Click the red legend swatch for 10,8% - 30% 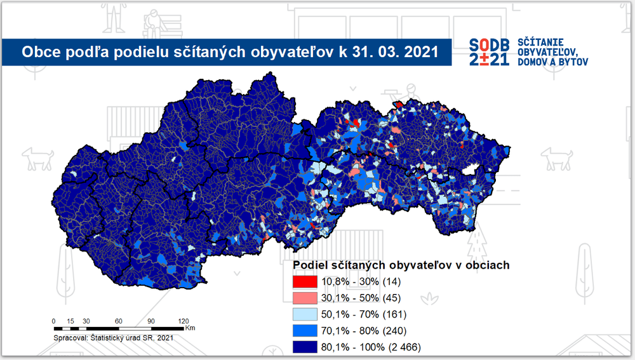[304, 281]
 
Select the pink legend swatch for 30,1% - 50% [304, 298]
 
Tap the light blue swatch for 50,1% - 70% [304, 314]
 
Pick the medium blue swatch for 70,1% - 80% [304, 331]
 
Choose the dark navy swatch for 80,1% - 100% [304, 347]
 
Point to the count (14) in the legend [392, 281]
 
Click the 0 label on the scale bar [54, 321]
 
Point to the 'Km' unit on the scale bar [190, 328]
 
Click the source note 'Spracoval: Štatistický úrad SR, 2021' [114, 338]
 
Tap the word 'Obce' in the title [38, 51]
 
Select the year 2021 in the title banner [419, 51]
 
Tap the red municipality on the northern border [399, 104]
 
